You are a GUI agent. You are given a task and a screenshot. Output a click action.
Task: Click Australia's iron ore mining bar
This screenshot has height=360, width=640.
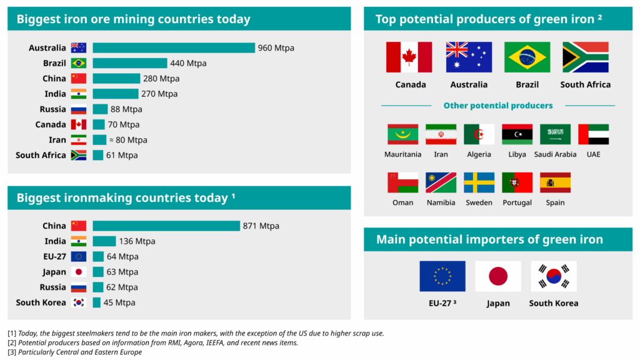click(174, 47)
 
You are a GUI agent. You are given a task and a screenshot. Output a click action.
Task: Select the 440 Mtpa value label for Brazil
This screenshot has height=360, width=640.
click(188, 63)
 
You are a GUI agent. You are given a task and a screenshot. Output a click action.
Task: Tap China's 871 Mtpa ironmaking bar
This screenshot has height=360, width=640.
click(166, 226)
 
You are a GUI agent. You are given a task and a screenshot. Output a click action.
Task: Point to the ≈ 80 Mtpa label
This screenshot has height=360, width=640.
click(128, 140)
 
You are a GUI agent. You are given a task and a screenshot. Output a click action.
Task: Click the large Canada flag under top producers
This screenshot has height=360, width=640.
click(409, 57)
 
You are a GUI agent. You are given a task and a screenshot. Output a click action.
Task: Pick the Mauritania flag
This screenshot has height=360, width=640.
click(403, 134)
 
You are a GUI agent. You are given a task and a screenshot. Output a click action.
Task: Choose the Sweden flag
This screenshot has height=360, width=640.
click(479, 182)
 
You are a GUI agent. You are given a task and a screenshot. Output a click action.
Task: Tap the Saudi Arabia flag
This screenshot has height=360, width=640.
click(555, 134)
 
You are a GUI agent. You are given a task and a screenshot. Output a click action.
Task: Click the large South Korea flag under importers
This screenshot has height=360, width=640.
click(554, 276)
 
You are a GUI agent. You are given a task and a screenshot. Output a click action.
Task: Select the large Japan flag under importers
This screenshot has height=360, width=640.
click(498, 276)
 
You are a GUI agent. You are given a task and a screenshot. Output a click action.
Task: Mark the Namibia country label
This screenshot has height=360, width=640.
click(441, 202)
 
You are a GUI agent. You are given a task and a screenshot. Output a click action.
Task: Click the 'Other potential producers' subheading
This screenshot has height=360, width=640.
click(498, 105)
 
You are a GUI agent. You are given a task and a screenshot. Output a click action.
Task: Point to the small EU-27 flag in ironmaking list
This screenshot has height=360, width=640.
click(78, 256)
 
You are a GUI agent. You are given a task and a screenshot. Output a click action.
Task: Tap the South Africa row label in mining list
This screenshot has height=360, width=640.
click(41, 155)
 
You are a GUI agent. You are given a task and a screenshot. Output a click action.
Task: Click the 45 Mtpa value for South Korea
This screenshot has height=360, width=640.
click(119, 302)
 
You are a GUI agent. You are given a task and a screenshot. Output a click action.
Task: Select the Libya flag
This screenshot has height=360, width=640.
click(517, 134)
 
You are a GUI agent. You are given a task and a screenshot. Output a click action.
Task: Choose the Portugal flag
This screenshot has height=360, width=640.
click(517, 182)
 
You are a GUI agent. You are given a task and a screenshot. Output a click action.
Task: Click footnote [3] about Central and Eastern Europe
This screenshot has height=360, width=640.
click(75, 352)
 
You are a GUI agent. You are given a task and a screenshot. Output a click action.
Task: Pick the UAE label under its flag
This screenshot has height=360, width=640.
click(594, 154)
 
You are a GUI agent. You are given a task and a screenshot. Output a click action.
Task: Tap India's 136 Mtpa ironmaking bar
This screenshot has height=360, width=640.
click(104, 241)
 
